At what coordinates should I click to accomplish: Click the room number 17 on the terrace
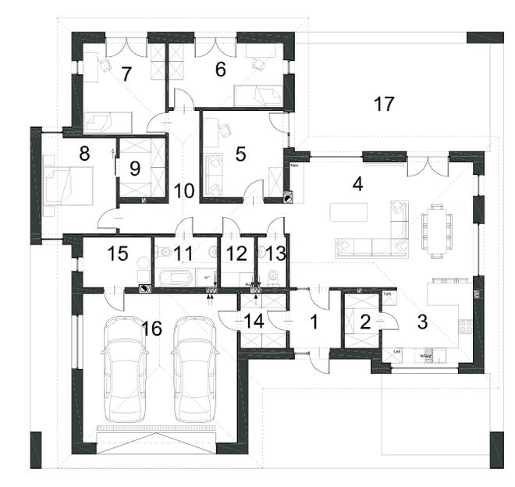pos(383,104)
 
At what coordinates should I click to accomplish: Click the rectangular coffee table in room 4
pos(343,212)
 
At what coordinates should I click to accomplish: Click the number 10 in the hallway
pos(183,190)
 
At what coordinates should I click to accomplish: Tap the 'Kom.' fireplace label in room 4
pos(296,166)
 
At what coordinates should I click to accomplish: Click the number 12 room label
pos(236,253)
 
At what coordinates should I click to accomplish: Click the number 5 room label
pos(240,154)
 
